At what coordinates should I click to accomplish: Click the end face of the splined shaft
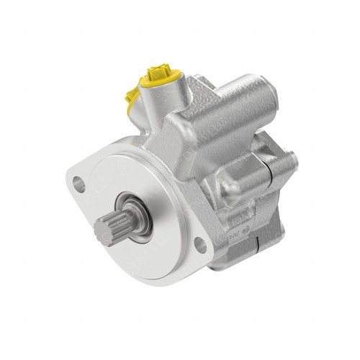tap(103, 231)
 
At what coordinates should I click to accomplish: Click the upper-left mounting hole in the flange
tap(79, 184)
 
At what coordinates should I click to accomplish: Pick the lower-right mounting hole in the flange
tap(200, 245)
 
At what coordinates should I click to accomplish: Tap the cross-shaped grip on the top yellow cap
tap(159, 72)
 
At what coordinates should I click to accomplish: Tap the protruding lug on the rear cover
tap(288, 161)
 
